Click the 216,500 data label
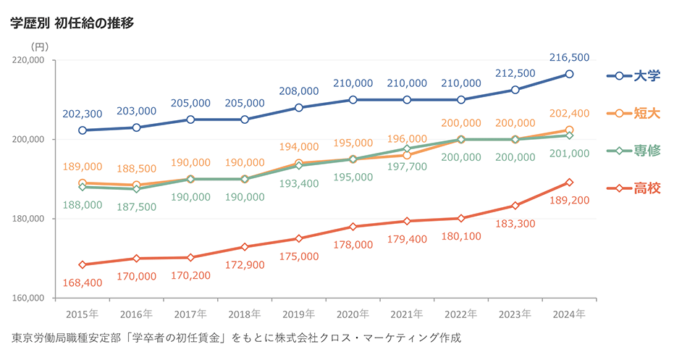(x=570, y=57)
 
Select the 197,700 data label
(x=407, y=167)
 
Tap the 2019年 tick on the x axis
(x=298, y=314)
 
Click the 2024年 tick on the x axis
(x=569, y=314)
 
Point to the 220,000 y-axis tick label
(x=28, y=61)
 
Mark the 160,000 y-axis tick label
(x=28, y=298)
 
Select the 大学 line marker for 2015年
(x=83, y=130)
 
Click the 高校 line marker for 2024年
(x=570, y=183)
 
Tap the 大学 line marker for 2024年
(x=570, y=74)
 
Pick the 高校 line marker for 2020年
(x=353, y=227)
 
